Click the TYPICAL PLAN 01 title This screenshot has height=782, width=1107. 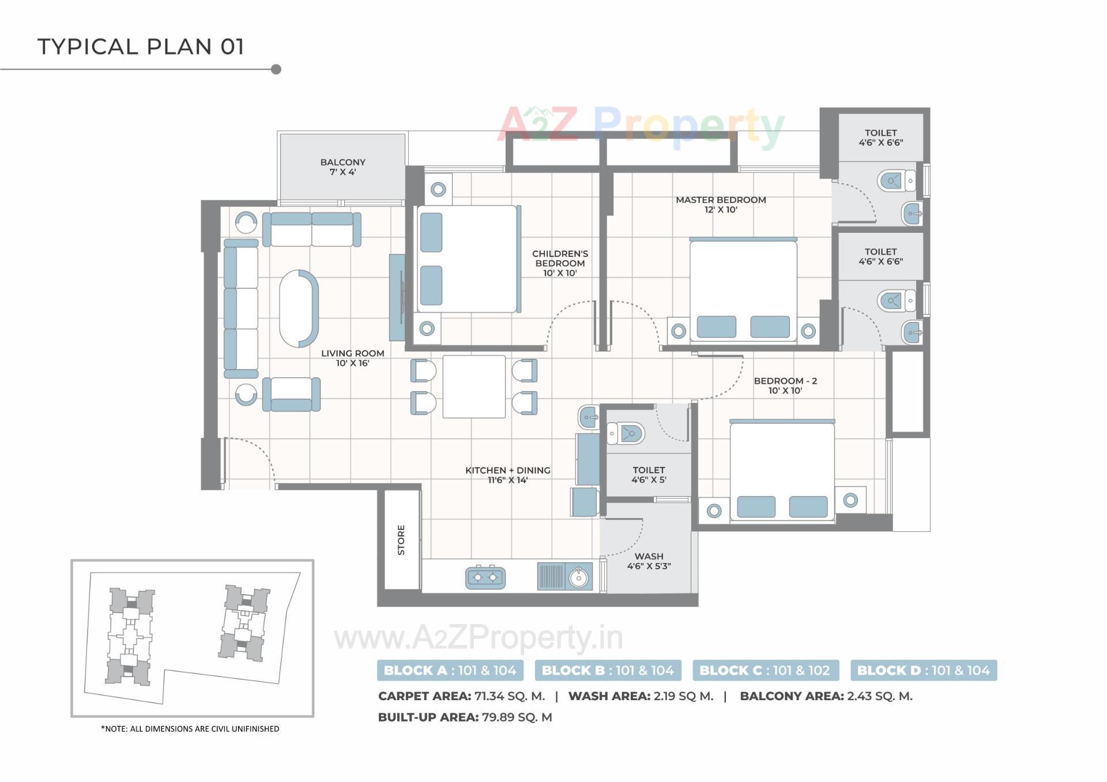point(141,47)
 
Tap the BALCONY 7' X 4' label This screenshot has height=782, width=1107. point(342,167)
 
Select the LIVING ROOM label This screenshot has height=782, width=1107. point(352,358)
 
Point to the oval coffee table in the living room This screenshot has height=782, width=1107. point(299,308)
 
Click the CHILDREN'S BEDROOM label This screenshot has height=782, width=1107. point(560,263)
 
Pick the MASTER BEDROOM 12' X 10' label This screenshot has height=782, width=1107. point(721,205)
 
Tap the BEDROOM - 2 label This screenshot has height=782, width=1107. point(785,386)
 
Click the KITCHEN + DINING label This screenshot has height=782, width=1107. point(507,475)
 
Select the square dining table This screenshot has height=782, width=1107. point(474,386)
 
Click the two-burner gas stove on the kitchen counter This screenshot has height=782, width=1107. point(485,577)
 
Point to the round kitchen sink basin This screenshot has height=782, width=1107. point(578,577)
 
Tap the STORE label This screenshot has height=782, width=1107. point(401,540)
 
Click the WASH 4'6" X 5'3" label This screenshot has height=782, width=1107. point(649,561)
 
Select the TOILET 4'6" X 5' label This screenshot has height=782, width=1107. point(649,475)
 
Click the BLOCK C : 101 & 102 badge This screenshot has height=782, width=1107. point(765,670)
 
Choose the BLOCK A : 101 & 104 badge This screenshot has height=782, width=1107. point(450,670)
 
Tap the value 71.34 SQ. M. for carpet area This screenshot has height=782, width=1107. point(509,696)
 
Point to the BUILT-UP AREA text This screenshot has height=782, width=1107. point(428,717)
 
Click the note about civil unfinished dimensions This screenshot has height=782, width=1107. point(190,729)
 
